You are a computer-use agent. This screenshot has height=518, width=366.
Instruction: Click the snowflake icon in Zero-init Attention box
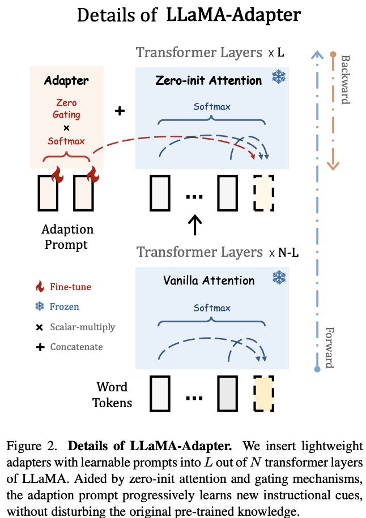pyautogui.click(x=278, y=78)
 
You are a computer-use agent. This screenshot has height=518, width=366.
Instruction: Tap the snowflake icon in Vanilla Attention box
pyautogui.click(x=278, y=277)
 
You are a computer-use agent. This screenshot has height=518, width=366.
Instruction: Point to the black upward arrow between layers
pyautogui.click(x=194, y=224)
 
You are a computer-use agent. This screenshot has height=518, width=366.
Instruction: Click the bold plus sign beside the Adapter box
pyautogui.click(x=120, y=111)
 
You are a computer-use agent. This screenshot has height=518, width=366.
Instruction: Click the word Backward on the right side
pyautogui.click(x=345, y=79)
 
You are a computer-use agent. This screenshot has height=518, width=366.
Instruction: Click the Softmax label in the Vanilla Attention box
pyautogui.click(x=212, y=308)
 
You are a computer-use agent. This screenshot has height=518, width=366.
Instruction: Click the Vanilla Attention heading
pyautogui.click(x=208, y=280)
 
